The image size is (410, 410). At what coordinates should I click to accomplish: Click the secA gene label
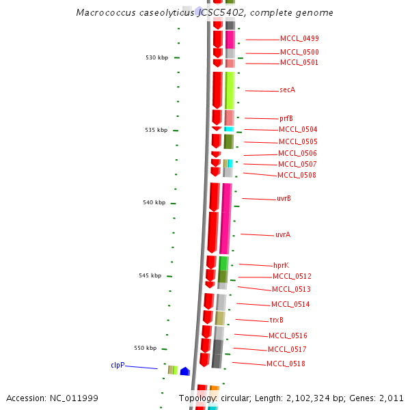coord(287,90)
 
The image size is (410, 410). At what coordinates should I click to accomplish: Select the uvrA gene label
coord(282,235)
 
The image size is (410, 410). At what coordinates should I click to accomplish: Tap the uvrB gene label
coord(284,199)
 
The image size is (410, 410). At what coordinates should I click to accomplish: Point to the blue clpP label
coord(118,366)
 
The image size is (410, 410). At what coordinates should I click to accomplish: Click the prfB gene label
coord(286,119)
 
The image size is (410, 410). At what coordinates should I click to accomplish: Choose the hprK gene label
coord(282,265)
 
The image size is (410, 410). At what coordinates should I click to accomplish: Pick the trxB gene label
coord(276,320)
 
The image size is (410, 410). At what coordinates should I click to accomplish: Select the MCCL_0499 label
coord(299,39)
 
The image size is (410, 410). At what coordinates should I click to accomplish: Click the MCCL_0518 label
coord(286,364)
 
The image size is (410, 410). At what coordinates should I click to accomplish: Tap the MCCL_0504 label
coord(297,130)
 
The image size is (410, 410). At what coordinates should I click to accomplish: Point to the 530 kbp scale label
coord(156,58)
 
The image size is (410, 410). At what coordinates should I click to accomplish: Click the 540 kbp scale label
coord(154,203)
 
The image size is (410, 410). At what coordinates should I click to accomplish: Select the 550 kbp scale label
coord(146,348)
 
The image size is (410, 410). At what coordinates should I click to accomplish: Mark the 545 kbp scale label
coord(150,276)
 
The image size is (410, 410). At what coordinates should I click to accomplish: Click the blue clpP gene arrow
coord(184,371)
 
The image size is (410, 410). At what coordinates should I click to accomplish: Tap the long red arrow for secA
coord(217,89)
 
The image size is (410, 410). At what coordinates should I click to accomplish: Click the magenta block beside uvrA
coord(225,232)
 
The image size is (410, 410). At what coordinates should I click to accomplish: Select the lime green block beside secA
coord(230,90)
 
